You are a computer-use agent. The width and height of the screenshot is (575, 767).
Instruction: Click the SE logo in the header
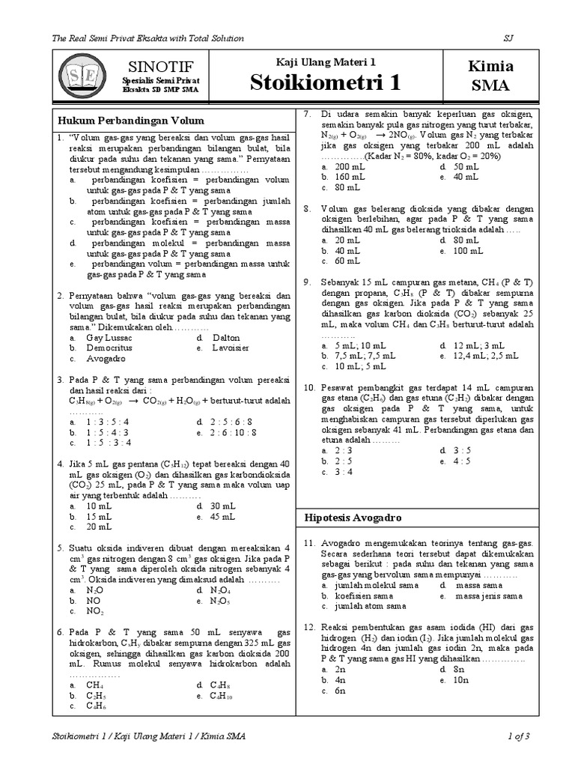pyautogui.click(x=80, y=76)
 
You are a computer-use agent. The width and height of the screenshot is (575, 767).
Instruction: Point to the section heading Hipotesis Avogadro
pyautogui.click(x=353, y=518)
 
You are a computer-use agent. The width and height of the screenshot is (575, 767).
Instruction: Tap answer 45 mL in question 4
pyautogui.click(x=223, y=516)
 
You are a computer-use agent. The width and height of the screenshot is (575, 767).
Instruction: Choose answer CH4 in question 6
pyautogui.click(x=94, y=685)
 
